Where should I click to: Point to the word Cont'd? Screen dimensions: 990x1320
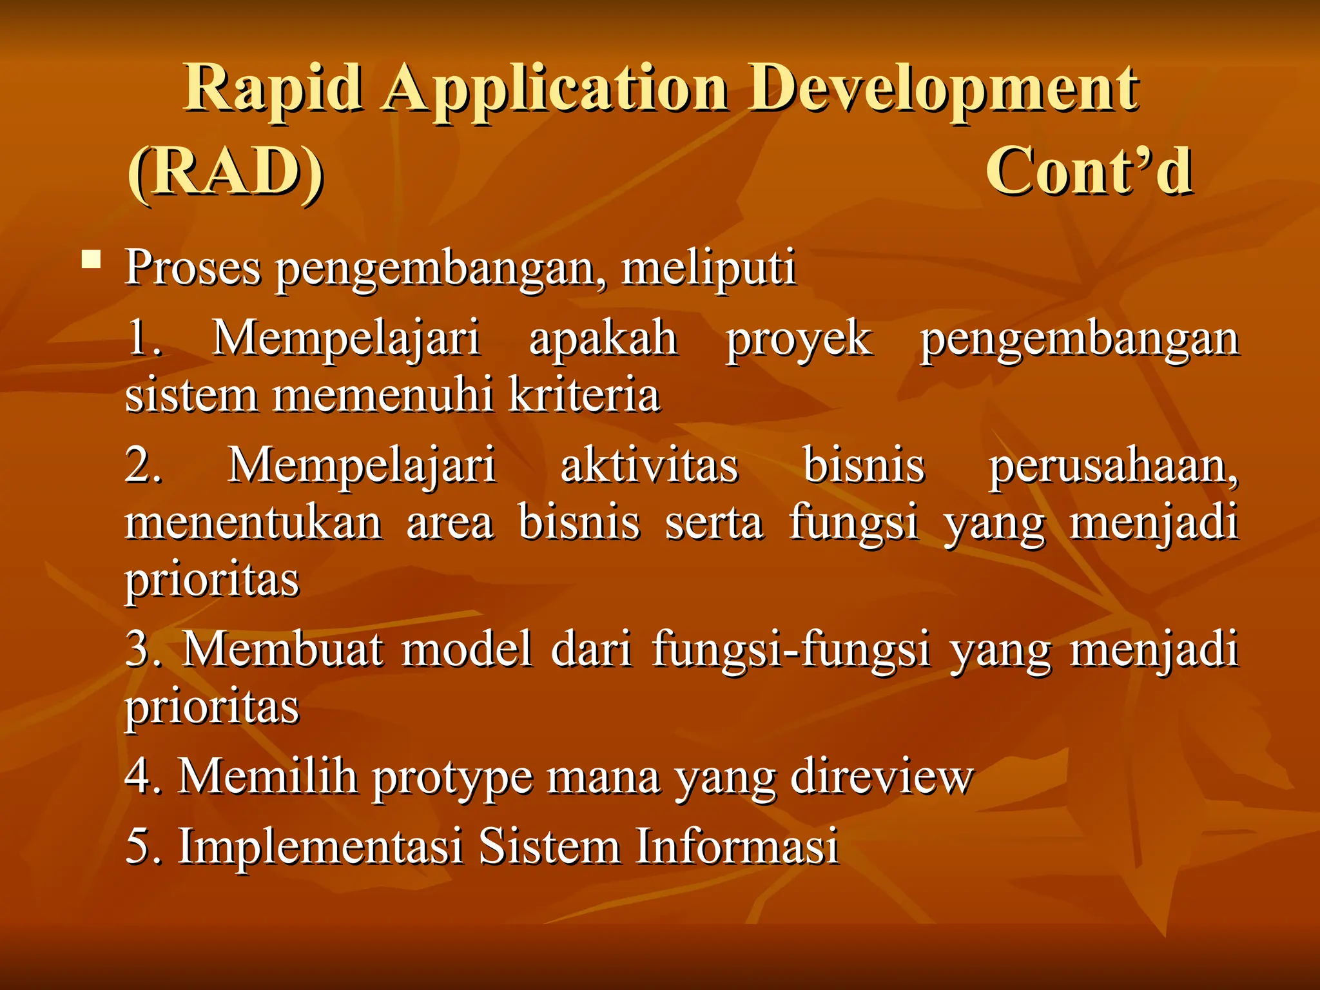pyautogui.click(x=1089, y=171)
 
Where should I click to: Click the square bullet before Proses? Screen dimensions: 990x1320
pyautogui.click(x=92, y=260)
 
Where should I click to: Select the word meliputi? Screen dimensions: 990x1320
pyautogui.click(x=708, y=267)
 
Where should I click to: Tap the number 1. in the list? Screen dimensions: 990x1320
pyautogui.click(x=144, y=338)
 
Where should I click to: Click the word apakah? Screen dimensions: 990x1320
pyautogui.click(x=603, y=338)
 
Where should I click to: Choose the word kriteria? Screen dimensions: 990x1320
pyautogui.click(x=584, y=394)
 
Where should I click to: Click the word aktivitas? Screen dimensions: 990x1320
pyautogui.click(x=649, y=465)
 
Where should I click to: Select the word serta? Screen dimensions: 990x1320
pyautogui.click(x=714, y=523)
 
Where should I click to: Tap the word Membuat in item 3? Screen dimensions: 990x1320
pyautogui.click(x=283, y=649)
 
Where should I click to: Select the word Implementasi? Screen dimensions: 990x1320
pyautogui.click(x=320, y=846)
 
